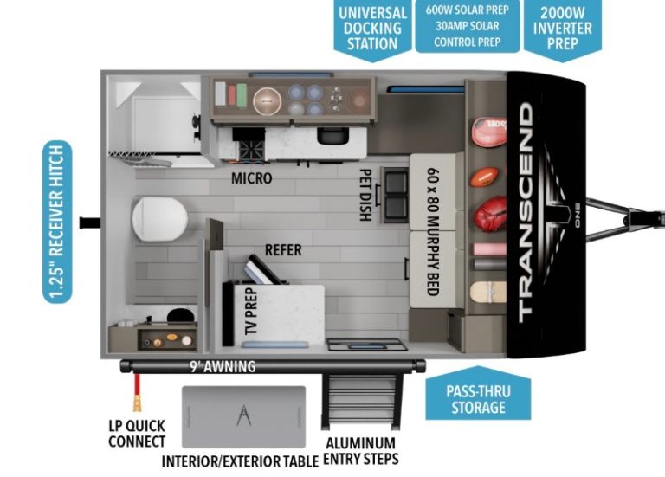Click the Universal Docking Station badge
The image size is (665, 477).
pyautogui.click(x=372, y=27)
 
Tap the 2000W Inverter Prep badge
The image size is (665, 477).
pyautogui.click(x=563, y=27)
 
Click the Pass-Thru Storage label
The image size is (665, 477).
pyautogui.click(x=478, y=398)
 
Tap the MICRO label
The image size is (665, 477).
pyautogui.click(x=251, y=179)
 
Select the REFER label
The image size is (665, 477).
pyautogui.click(x=283, y=249)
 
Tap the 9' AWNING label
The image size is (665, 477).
pyautogui.click(x=223, y=366)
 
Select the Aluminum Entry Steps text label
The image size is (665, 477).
pyautogui.click(x=362, y=452)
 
